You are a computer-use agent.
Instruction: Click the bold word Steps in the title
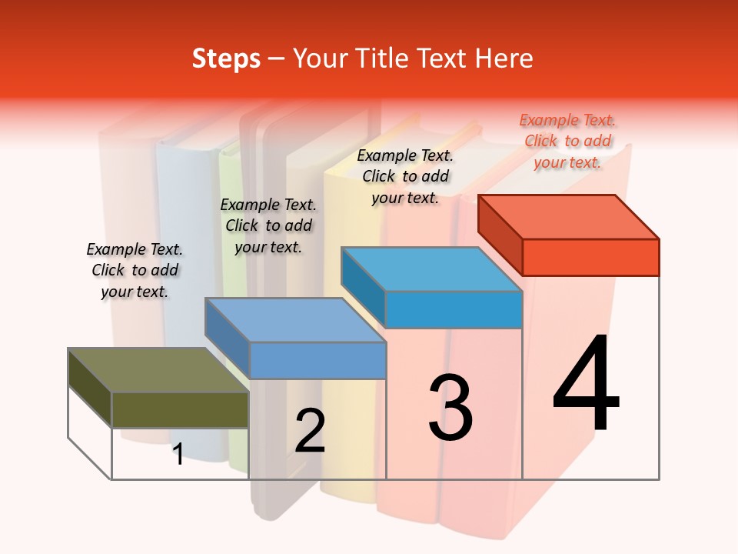(226, 58)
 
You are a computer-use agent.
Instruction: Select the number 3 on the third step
(450, 407)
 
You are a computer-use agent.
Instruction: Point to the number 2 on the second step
(310, 430)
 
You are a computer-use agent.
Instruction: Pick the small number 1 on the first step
(178, 454)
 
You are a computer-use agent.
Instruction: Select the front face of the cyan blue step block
(454, 310)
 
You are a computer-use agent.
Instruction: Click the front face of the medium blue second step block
(317, 360)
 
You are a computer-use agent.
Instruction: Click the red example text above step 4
(568, 141)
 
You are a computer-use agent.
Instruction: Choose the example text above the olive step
(135, 270)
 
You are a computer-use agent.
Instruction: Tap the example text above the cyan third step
(405, 176)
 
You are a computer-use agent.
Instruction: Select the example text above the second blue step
(268, 225)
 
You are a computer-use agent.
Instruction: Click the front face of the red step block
(590, 257)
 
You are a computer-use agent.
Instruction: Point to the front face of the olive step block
(180, 409)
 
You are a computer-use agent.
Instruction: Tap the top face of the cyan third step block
(431, 269)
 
